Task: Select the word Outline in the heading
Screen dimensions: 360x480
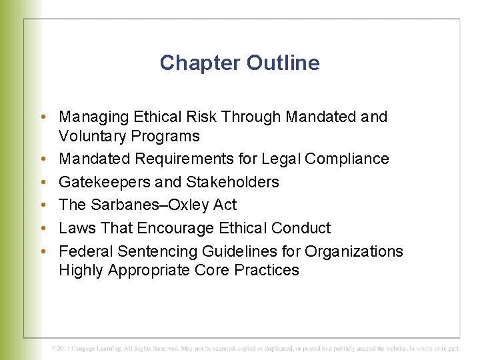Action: point(283,63)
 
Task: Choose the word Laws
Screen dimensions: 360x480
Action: point(76,228)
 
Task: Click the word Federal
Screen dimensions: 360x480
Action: point(86,251)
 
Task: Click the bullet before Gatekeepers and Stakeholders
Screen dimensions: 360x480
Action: point(43,182)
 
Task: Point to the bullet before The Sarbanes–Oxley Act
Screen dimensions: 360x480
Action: point(43,205)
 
